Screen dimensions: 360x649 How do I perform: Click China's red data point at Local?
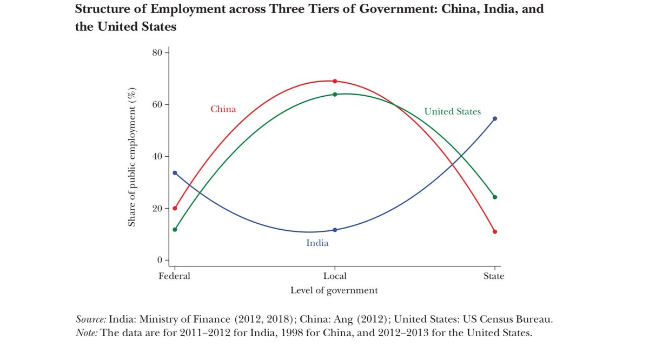tap(335, 81)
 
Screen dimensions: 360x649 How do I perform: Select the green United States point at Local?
tap(335, 95)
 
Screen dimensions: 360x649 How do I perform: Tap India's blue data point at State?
tap(495, 118)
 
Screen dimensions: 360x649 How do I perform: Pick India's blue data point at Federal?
tap(175, 173)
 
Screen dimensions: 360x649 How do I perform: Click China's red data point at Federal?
tap(175, 208)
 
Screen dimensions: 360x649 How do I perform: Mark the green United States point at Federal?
tap(175, 230)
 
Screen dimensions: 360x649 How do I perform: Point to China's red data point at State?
tap(495, 231)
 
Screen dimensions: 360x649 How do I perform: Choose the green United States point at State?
tap(495, 197)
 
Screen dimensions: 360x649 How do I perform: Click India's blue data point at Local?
tap(335, 230)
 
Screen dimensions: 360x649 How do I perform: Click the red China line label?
tap(223, 109)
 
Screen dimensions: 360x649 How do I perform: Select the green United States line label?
tap(452, 112)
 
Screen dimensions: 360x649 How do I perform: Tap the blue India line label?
tap(317, 243)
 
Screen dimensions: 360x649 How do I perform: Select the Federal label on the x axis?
tap(174, 276)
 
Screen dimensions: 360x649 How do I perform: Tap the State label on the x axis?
tap(494, 276)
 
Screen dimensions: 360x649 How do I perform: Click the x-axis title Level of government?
tap(334, 290)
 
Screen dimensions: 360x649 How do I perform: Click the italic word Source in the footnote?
tap(91, 319)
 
